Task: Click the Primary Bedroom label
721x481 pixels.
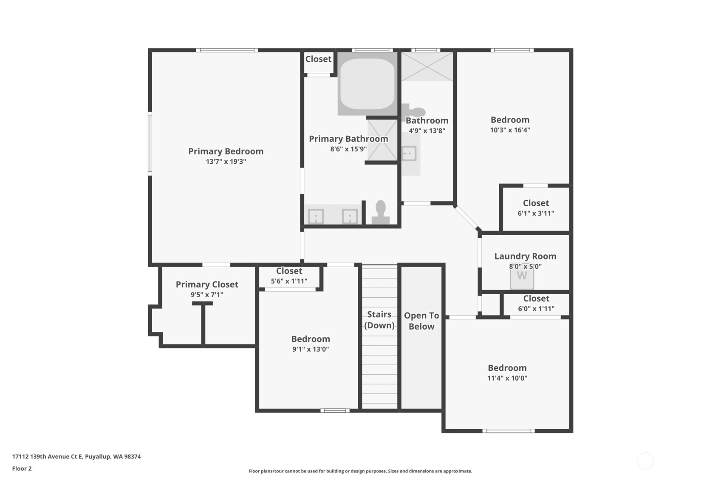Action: point(226,151)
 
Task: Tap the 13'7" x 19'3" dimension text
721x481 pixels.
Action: point(226,162)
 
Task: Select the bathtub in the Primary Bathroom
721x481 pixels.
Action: point(367,84)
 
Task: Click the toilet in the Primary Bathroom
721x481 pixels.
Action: point(380,212)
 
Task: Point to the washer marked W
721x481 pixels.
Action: point(522,276)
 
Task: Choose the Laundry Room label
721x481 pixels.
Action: point(525,256)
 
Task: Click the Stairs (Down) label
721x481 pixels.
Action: point(379,319)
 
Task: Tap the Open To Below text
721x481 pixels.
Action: point(421,321)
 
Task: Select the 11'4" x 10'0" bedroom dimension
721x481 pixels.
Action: point(507,378)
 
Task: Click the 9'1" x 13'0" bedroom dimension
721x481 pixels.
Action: point(311,349)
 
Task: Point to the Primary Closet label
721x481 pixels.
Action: point(207,285)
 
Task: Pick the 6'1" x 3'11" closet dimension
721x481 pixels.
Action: point(536,213)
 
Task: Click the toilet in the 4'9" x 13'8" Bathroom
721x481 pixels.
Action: point(414,111)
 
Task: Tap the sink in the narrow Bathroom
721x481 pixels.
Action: point(409,154)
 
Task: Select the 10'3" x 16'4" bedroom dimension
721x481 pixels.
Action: point(510,130)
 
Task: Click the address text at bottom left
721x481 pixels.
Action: point(76,456)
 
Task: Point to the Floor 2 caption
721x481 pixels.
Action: point(22,468)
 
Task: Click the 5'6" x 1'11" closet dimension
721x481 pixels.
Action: point(289,281)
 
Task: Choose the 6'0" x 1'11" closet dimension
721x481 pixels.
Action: point(536,309)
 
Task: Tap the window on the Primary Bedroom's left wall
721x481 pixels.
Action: point(150,144)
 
